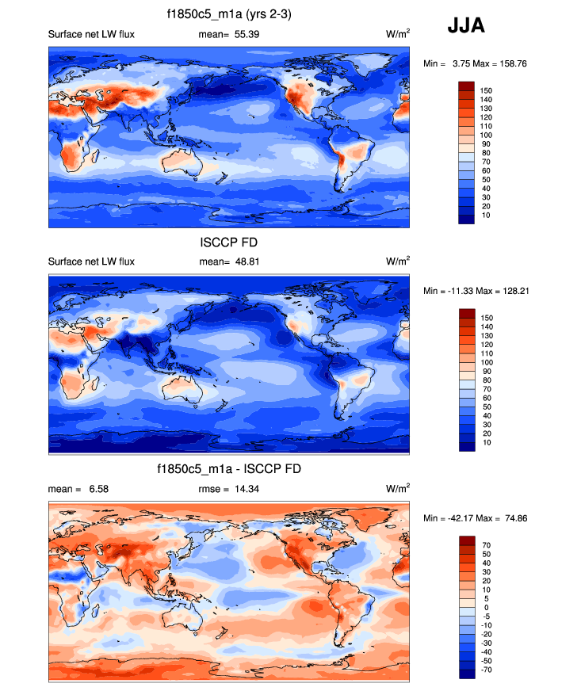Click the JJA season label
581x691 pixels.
pos(466,25)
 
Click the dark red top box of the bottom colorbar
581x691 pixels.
pos(466,541)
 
